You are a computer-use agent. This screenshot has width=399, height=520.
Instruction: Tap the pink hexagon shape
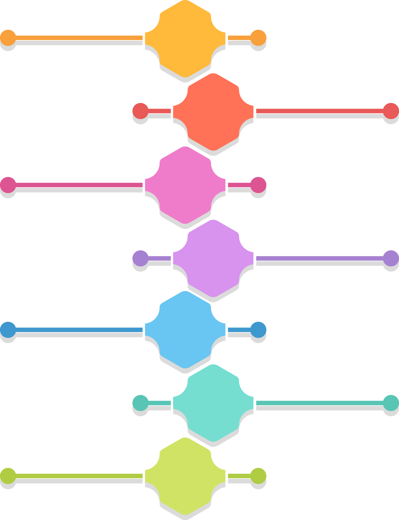click(185, 185)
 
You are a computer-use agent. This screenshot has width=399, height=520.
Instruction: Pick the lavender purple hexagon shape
click(213, 258)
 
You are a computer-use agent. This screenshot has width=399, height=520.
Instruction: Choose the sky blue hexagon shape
click(185, 330)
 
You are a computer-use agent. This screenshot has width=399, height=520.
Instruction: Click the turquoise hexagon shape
click(213, 403)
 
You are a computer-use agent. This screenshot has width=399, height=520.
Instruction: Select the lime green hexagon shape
click(185, 476)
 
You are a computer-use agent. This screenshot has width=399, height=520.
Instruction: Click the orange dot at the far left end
click(8, 38)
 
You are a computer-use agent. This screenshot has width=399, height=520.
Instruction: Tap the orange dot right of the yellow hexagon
click(258, 38)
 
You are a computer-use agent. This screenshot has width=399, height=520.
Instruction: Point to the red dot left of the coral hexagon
click(140, 111)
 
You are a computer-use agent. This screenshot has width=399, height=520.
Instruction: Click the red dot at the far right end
click(391, 111)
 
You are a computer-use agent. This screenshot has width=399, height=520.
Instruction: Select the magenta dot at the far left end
click(8, 185)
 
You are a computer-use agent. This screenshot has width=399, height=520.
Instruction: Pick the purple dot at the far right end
click(391, 258)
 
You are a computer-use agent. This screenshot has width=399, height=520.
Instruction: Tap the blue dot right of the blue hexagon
click(258, 330)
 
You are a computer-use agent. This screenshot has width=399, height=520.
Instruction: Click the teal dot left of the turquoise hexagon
click(140, 403)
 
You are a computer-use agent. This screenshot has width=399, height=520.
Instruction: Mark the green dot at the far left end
click(8, 476)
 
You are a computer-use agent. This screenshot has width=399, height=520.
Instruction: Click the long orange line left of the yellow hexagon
click(79, 38)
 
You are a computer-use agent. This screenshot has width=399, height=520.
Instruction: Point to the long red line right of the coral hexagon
click(320, 111)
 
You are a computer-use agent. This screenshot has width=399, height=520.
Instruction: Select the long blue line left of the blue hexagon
click(79, 330)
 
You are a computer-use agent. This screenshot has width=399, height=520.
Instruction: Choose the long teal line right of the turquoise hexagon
click(320, 403)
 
